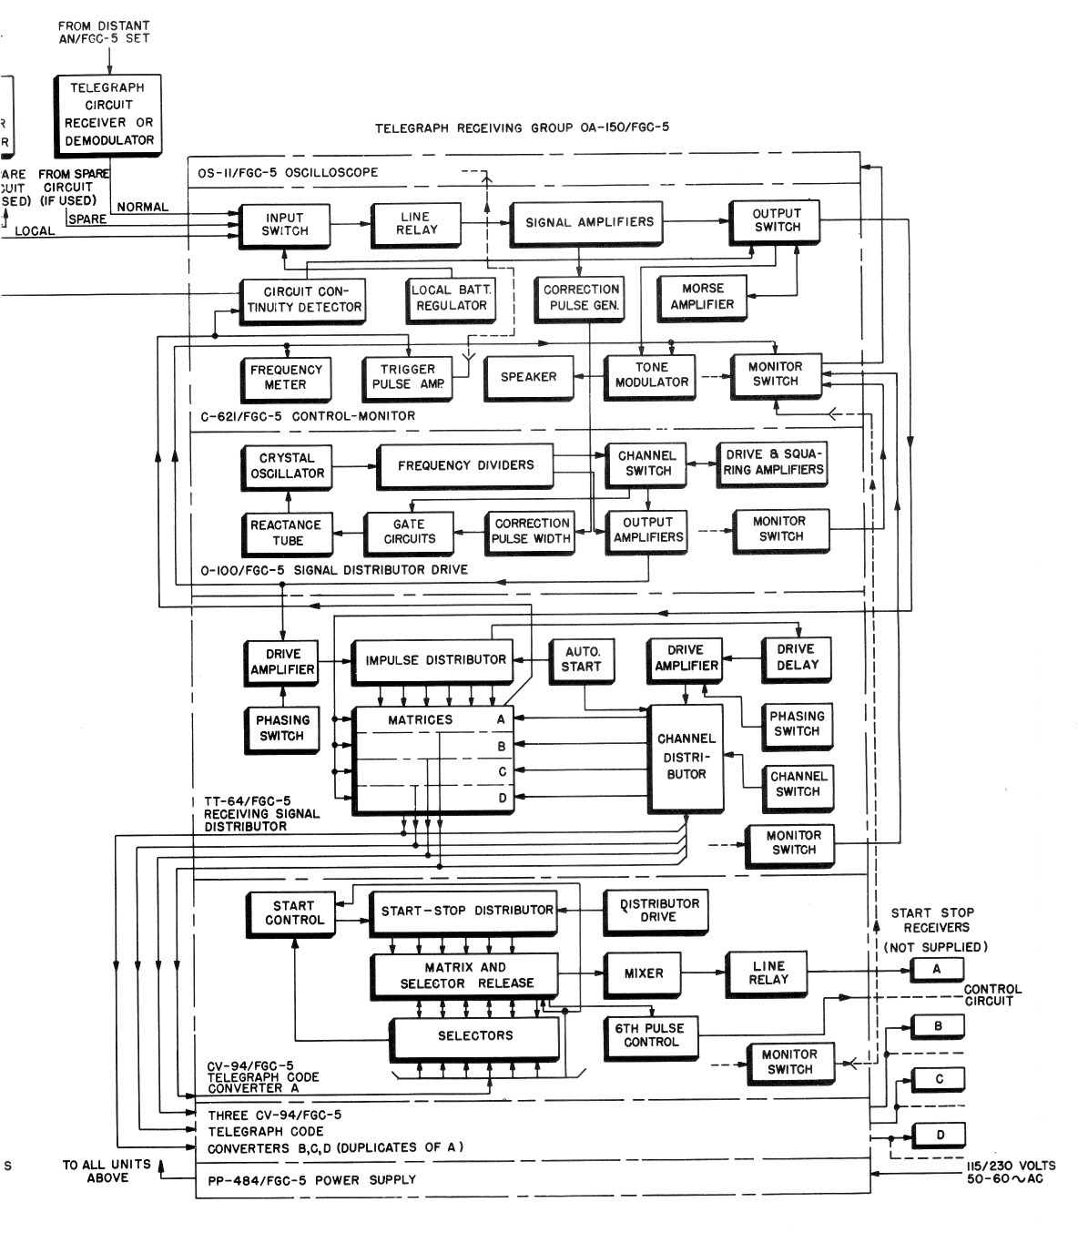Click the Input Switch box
pos(284,225)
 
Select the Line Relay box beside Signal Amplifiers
pos(417,223)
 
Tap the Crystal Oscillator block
pos(286,466)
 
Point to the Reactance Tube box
pos(287,533)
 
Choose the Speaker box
pos(528,377)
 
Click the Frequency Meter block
pos(285,377)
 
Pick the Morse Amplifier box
pos(701,297)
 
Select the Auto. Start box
pos(582,658)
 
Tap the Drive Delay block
pos(797,657)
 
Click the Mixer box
pos(643,973)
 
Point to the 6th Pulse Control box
pos(651,1035)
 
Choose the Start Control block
pos(293,913)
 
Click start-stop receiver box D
pos(940,1135)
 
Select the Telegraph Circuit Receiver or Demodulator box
pos(107,114)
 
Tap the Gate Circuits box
pos(409,532)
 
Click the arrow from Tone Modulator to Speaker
pos(590,376)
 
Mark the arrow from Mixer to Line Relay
pos(703,973)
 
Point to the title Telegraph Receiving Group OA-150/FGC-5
pos(522,128)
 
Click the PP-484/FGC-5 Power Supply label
pos(311,1180)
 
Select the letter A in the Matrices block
pos(500,718)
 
